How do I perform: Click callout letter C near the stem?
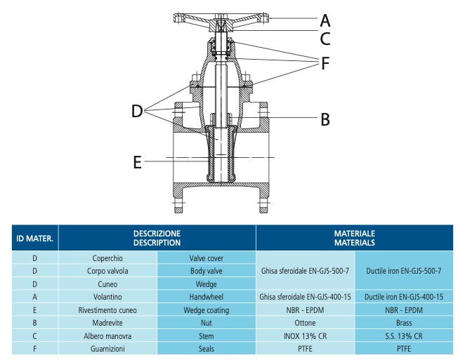(325, 38)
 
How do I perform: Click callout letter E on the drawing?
(138, 162)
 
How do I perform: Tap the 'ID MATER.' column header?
(34, 238)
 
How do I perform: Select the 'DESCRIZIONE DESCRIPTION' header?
(157, 237)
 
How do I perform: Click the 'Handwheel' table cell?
(206, 297)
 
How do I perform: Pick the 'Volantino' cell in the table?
(108, 297)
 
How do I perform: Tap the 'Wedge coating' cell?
(206, 309)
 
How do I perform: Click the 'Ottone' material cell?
(305, 322)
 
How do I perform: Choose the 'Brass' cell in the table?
(404, 322)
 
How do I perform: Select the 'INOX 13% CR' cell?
(305, 335)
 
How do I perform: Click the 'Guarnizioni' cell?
(108, 347)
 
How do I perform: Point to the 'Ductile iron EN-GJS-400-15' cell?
(404, 297)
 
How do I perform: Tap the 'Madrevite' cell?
(108, 322)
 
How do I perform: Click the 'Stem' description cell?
(206, 335)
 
